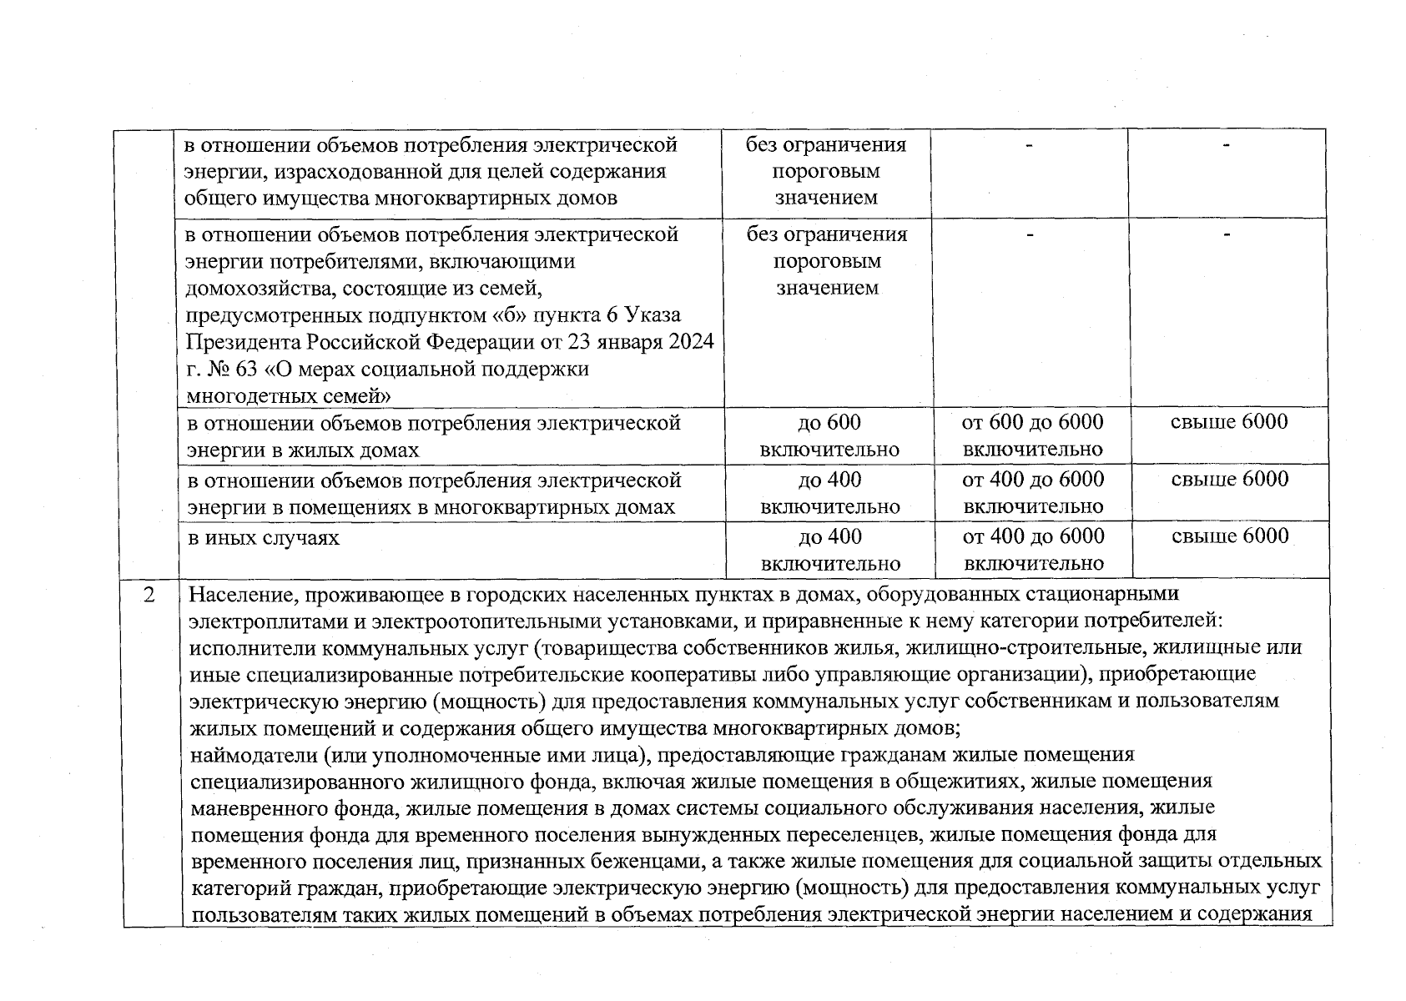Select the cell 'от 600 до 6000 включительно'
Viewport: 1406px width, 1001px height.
(1032, 435)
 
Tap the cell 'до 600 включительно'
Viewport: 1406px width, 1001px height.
(829, 435)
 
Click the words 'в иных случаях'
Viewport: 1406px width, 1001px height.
(263, 537)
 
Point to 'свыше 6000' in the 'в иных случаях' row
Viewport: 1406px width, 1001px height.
(1230, 536)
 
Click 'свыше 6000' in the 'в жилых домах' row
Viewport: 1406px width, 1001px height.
(1229, 422)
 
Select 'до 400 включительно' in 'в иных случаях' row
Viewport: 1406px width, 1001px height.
(829, 550)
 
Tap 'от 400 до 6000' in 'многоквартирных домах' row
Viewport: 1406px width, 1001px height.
(1032, 480)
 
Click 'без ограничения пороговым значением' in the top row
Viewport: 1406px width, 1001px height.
(826, 172)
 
